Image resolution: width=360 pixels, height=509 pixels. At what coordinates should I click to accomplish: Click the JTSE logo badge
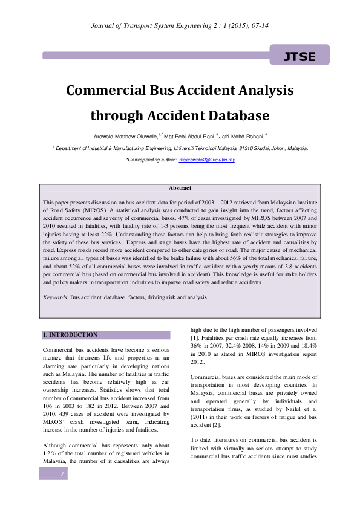pyautogui.click(x=299, y=56)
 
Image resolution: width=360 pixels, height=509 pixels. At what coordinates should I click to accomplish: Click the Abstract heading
pyautogui.click(x=180, y=189)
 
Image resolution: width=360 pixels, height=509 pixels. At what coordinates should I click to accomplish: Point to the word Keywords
pyautogui.click(x=56, y=297)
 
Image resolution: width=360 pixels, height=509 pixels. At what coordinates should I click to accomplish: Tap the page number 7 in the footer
pyautogui.click(x=61, y=490)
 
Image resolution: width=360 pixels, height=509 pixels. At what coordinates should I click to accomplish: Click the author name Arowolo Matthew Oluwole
pyautogui.click(x=123, y=137)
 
